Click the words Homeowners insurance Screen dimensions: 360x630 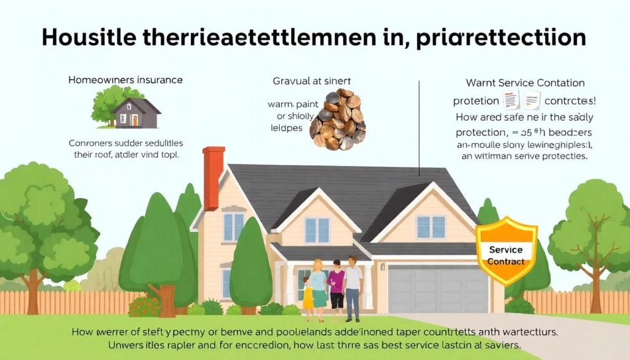point(125,80)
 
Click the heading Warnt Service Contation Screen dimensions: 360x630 point(525,82)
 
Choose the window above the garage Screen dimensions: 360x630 point(431,226)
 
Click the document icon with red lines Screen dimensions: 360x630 point(511,100)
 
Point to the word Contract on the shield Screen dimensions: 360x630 point(506,261)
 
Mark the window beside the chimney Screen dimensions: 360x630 point(233,226)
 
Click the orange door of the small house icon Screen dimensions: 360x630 point(135,121)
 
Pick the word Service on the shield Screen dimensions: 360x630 point(506,250)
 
